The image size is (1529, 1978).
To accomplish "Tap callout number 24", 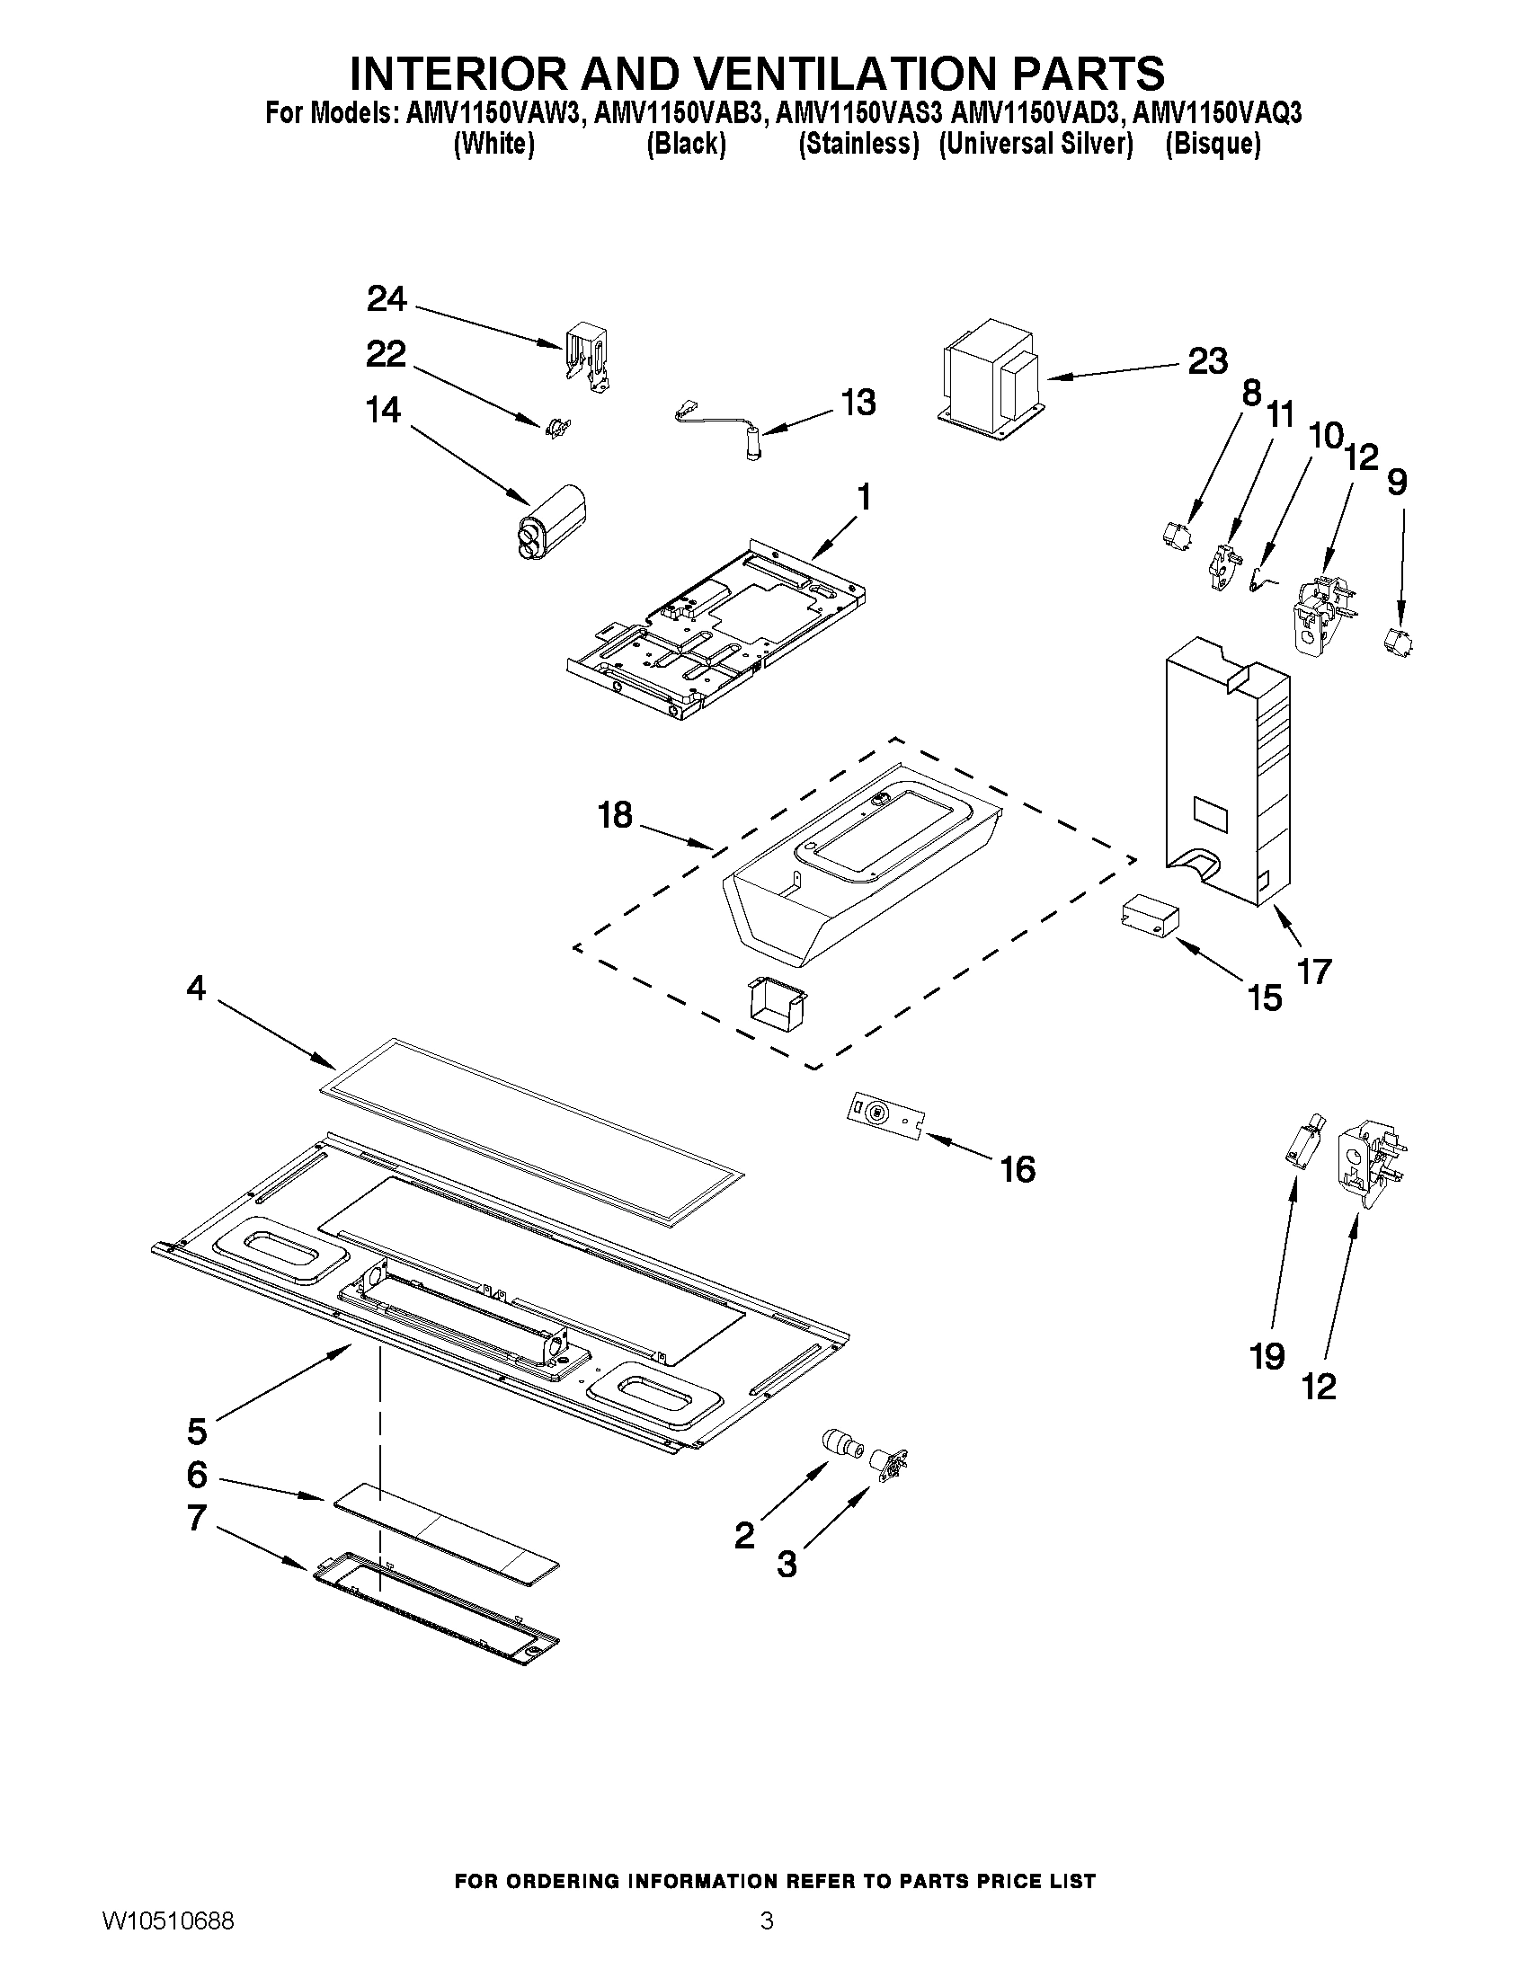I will click(387, 299).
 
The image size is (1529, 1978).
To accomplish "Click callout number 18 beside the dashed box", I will click(615, 815).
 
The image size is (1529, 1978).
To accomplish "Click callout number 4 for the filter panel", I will click(196, 988).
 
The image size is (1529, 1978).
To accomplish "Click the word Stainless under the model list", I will click(858, 144).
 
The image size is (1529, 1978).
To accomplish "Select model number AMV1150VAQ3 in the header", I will click(1216, 113).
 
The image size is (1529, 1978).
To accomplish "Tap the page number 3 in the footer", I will click(767, 1942).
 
